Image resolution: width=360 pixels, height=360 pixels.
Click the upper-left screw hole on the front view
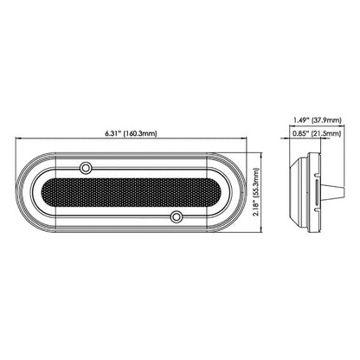pos(86,164)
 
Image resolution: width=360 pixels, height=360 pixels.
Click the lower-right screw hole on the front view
pos(176,215)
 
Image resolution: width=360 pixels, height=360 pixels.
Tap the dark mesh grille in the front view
pos(131,190)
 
